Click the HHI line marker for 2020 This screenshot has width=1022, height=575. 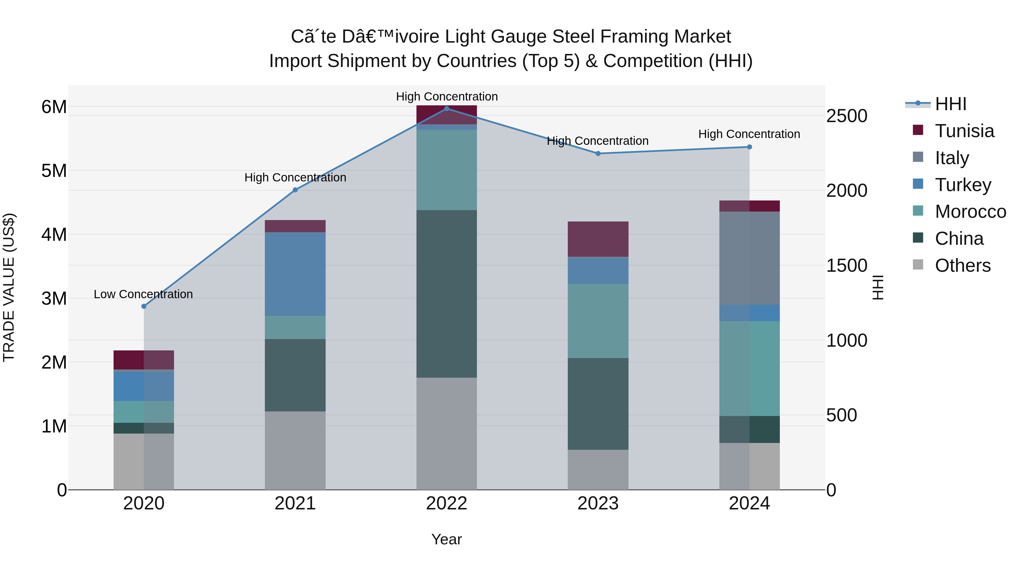coord(144,306)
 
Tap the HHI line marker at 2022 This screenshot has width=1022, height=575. coord(446,109)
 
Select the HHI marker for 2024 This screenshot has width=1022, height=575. coord(749,147)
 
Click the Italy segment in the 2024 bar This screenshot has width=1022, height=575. coord(749,258)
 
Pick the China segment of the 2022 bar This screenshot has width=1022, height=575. coord(446,294)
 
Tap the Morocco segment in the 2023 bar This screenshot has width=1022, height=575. coord(598,321)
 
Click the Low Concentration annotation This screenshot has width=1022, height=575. coord(143,294)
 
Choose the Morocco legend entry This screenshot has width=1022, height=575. coord(970,212)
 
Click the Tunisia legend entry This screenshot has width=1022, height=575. coord(964,131)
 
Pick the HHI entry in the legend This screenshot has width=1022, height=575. coord(950,104)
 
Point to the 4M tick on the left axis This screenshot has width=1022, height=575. coord(54,235)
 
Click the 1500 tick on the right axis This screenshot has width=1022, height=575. coord(847,265)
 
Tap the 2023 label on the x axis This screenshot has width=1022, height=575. coord(598,503)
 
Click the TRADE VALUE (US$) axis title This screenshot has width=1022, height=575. coord(9,287)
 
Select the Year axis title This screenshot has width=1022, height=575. coord(446,539)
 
